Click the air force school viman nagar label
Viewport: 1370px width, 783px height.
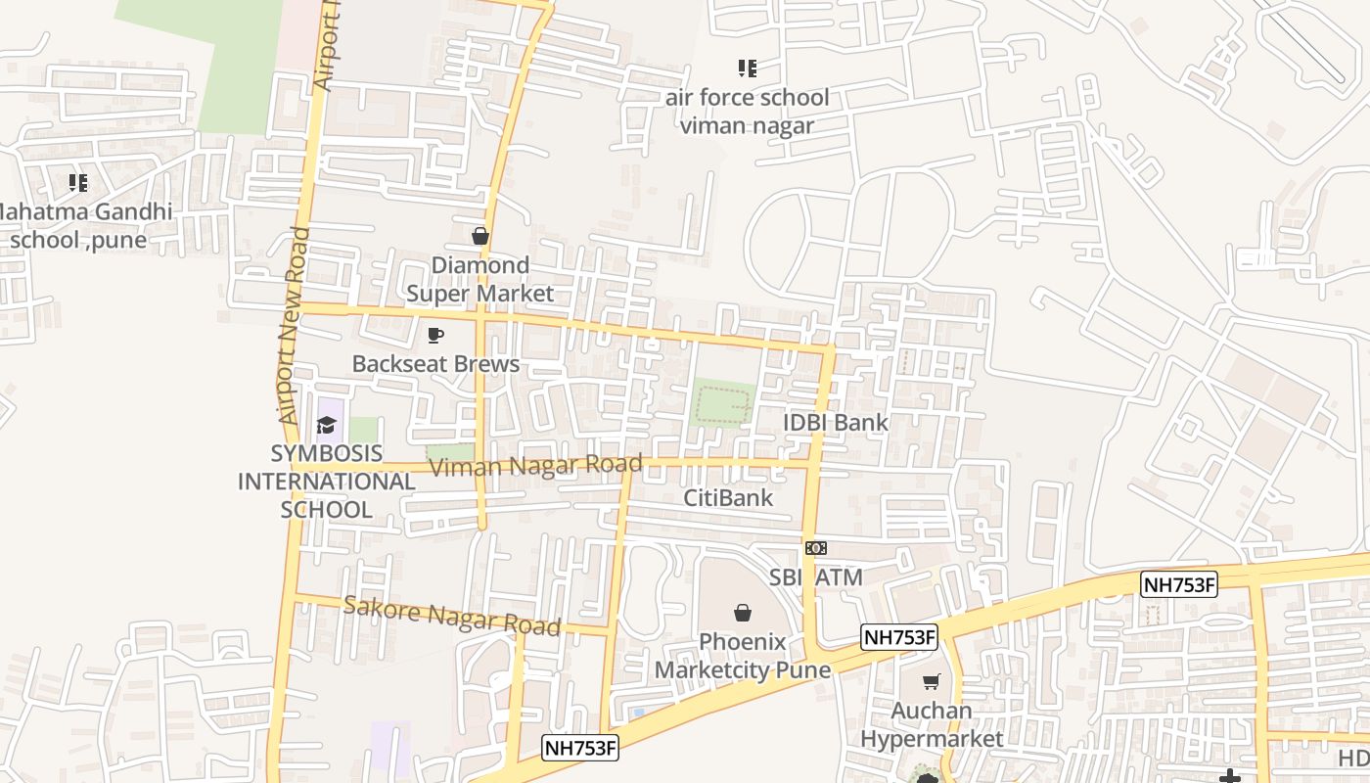click(747, 111)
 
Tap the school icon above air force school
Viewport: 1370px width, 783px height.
click(747, 69)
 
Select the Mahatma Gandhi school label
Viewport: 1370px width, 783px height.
click(83, 225)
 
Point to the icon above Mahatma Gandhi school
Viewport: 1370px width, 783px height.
click(77, 182)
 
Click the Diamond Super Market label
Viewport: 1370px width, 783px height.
click(479, 279)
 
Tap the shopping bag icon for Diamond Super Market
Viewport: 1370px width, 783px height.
click(479, 236)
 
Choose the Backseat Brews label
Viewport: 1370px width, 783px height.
click(435, 364)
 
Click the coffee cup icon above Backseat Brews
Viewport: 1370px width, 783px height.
click(435, 336)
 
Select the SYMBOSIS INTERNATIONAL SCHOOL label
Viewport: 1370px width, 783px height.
click(327, 482)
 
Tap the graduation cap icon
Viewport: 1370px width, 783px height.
click(326, 425)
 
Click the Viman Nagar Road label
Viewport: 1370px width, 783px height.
click(535, 466)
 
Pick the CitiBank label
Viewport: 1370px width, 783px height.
click(728, 497)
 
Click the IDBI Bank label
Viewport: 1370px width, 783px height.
click(836, 422)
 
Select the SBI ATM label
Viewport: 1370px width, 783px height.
click(816, 577)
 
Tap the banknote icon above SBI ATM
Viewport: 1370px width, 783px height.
click(816, 548)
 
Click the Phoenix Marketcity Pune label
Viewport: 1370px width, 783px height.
click(742, 656)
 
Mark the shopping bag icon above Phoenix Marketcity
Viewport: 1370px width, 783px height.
click(743, 613)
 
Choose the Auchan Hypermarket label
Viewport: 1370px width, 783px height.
click(932, 724)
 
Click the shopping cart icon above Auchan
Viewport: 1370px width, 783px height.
click(931, 681)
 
